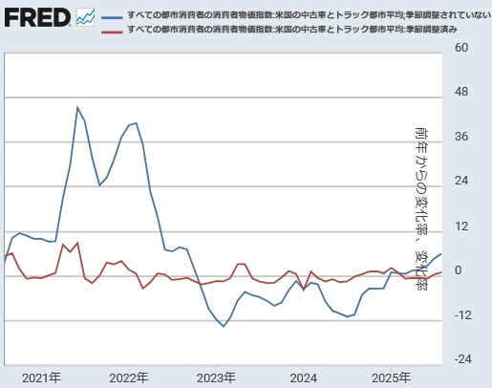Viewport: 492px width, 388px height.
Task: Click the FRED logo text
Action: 36,17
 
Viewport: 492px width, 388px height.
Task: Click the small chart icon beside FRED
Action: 85,17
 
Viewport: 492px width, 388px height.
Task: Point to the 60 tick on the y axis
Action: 461,48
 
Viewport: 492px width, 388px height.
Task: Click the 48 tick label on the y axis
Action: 461,93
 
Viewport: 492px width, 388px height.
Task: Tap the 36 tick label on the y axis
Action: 461,137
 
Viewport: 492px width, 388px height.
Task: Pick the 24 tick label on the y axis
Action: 461,182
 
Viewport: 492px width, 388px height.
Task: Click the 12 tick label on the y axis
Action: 461,226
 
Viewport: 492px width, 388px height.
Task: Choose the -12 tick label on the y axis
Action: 460,315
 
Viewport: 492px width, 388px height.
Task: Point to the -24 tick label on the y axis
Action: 460,359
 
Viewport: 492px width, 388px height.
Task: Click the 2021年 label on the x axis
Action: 41,377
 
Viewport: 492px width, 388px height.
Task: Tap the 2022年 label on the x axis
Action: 129,377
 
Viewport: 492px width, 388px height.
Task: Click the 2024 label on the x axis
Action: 304,377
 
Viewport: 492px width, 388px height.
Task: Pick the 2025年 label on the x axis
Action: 392,377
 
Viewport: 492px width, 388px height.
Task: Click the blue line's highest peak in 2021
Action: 77,107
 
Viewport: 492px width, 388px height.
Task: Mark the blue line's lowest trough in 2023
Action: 224,327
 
